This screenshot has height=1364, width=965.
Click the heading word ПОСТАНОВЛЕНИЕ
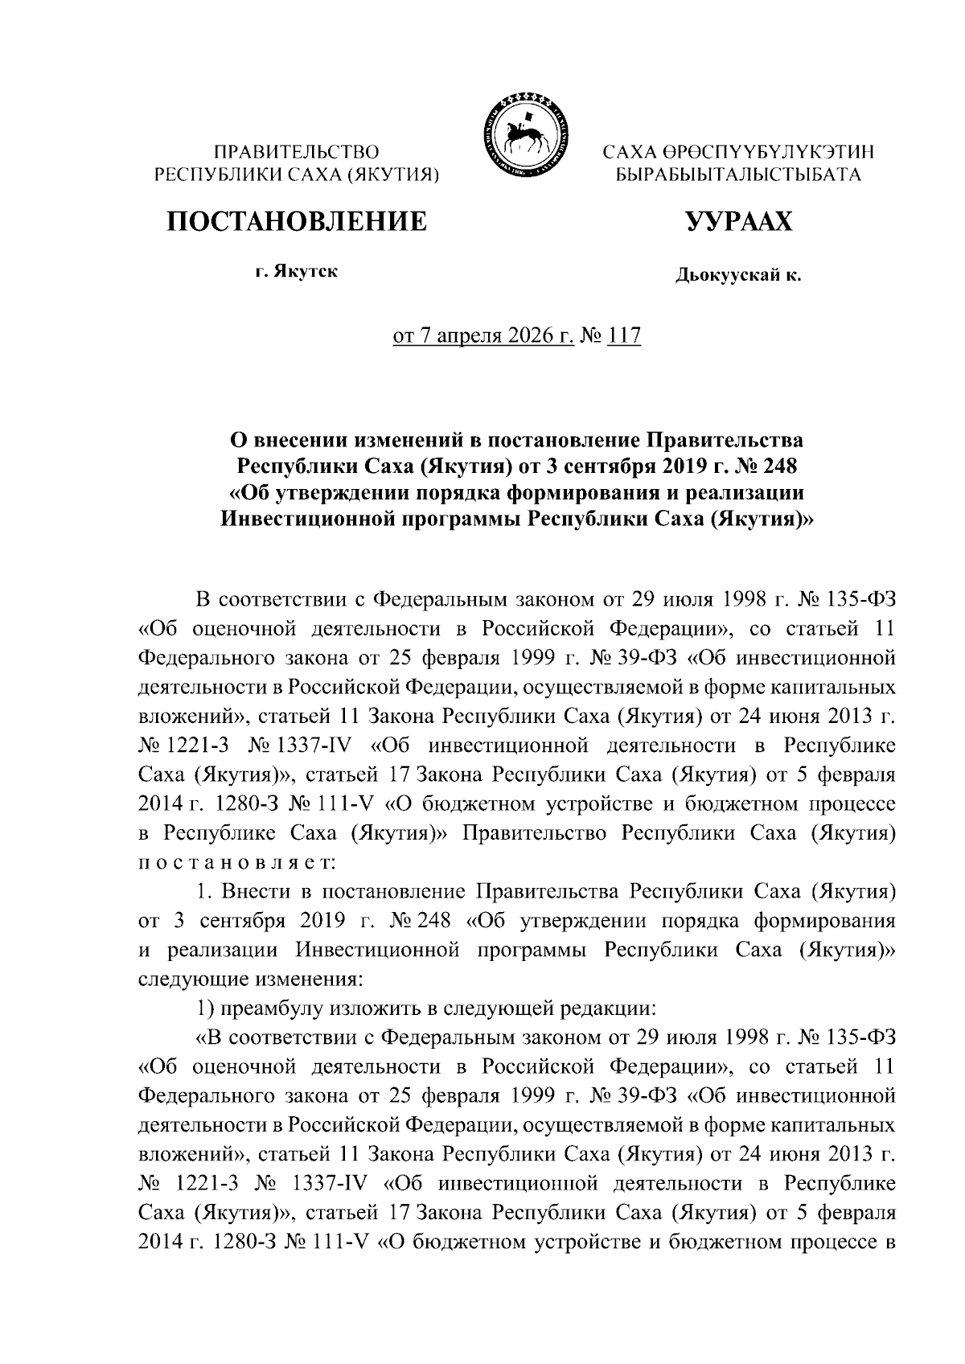pos(297,220)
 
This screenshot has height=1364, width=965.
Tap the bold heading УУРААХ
pos(738,220)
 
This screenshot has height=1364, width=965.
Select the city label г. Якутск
pos(297,272)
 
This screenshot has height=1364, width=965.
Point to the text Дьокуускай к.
pos(738,277)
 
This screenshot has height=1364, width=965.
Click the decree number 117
pos(624,335)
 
